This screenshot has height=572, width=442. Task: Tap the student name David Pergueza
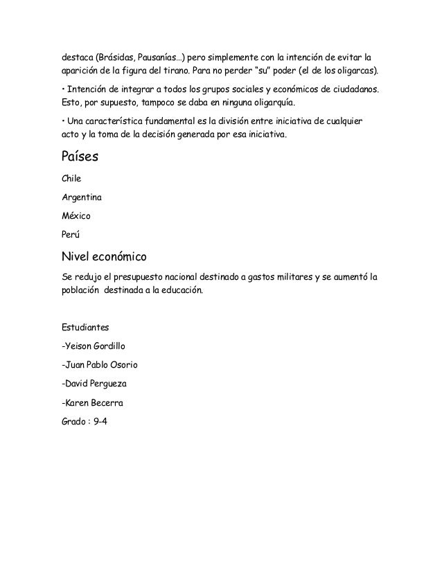coord(94,382)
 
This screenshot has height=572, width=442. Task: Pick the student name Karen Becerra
coord(94,402)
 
